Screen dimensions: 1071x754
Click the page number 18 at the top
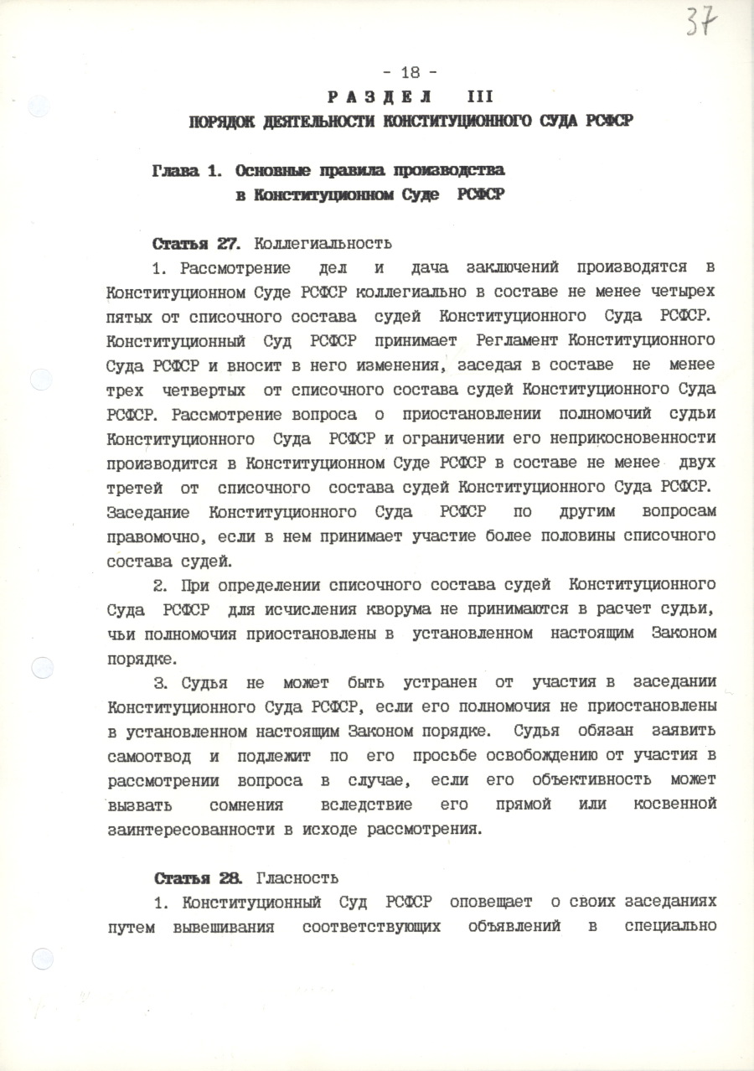coord(410,72)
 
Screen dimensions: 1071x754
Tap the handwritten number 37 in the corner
coord(701,22)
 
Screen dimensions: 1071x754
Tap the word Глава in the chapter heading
coord(175,170)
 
